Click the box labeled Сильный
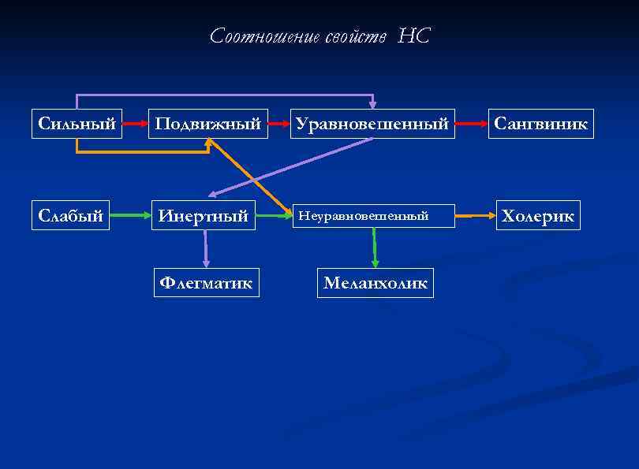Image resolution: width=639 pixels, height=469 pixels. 77,124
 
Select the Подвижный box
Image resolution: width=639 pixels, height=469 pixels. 207,124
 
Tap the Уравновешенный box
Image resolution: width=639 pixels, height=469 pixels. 372,124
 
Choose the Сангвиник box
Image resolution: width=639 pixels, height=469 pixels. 540,124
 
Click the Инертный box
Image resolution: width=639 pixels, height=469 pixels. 204,215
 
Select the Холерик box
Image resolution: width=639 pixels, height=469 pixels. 538,215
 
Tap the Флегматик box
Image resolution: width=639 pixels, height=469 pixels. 206,282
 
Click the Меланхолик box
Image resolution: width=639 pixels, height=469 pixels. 375,283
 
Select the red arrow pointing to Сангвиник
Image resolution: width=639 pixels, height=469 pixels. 471,124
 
